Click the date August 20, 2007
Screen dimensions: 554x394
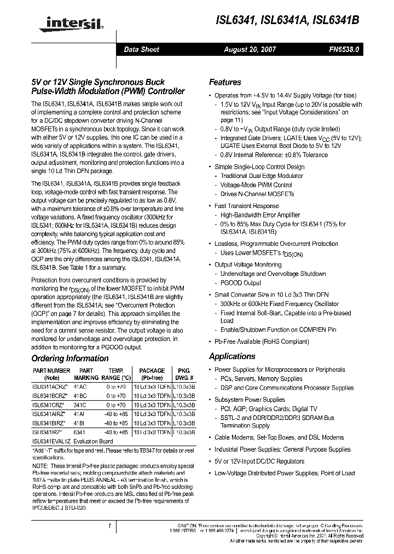pos(250,50)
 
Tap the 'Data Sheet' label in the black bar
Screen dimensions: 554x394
pos(142,50)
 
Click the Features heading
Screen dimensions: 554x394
pos(225,82)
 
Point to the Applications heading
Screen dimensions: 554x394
pos(232,356)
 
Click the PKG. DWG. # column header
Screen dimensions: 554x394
pos(184,374)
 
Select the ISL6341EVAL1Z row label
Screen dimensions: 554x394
pos(51,441)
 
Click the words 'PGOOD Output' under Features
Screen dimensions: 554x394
pos(241,283)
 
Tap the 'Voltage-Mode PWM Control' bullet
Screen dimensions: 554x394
pos(256,185)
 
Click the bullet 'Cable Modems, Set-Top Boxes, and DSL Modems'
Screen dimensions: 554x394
pos(279,437)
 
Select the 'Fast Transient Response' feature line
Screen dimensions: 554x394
pos(247,206)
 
